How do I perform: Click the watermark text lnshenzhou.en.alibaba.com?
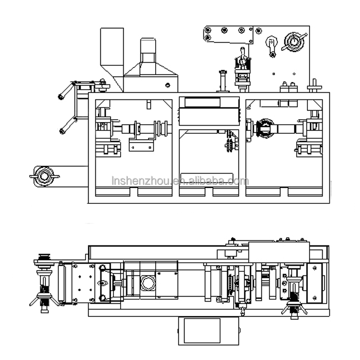pos(180,181)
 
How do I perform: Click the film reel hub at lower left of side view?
pos(45,175)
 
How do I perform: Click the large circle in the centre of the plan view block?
pos(147,283)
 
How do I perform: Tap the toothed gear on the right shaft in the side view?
pos(265,129)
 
